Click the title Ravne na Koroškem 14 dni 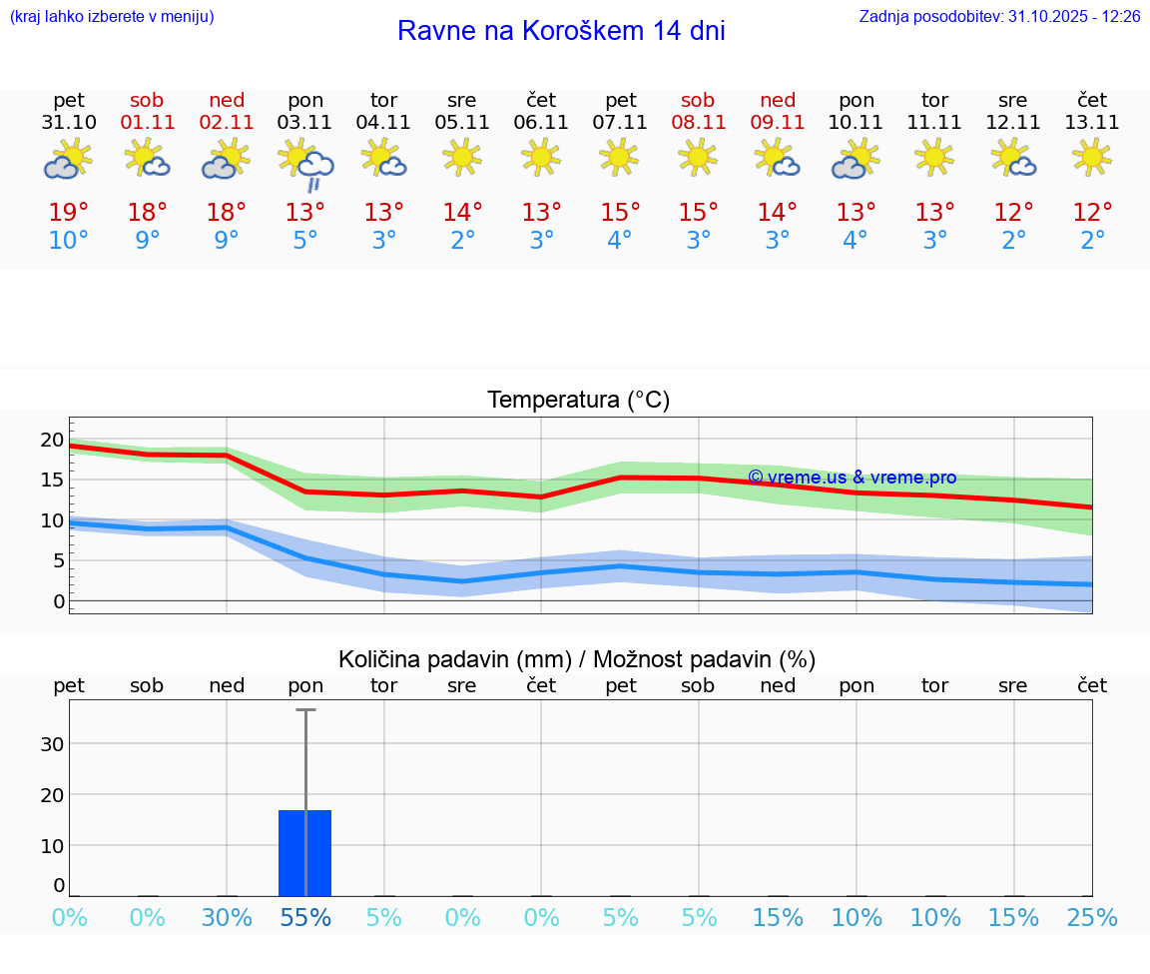pos(561,31)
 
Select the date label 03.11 pos(305,123)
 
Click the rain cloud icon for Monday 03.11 pos(305,164)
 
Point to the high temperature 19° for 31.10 pos(69,213)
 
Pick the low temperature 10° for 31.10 pos(69,241)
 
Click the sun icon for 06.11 pos(541,157)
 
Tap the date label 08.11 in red pos(698,123)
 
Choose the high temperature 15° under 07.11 pos(620,213)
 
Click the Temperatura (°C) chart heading pos(578,401)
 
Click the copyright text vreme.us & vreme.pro pos(852,478)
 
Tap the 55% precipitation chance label pos(305,918)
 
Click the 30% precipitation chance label pos(227,918)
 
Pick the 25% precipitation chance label pos(1092,918)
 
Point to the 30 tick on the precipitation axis pos(52,744)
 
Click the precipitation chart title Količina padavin pos(577,659)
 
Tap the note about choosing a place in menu pos(112,17)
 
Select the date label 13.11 pos(1092,123)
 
